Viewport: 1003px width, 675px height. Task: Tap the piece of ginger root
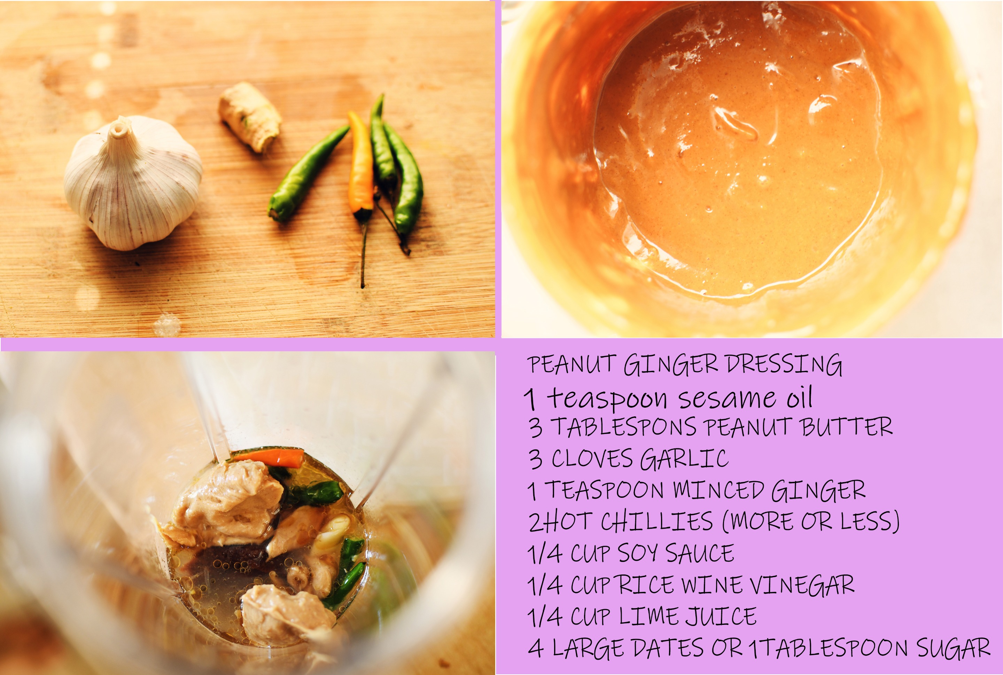pos(250,117)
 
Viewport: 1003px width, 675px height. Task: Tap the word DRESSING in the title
pos(784,364)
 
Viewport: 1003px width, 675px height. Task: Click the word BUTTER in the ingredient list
pos(847,427)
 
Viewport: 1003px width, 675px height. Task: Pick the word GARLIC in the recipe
pos(684,459)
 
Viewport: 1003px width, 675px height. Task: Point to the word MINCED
pos(719,490)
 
